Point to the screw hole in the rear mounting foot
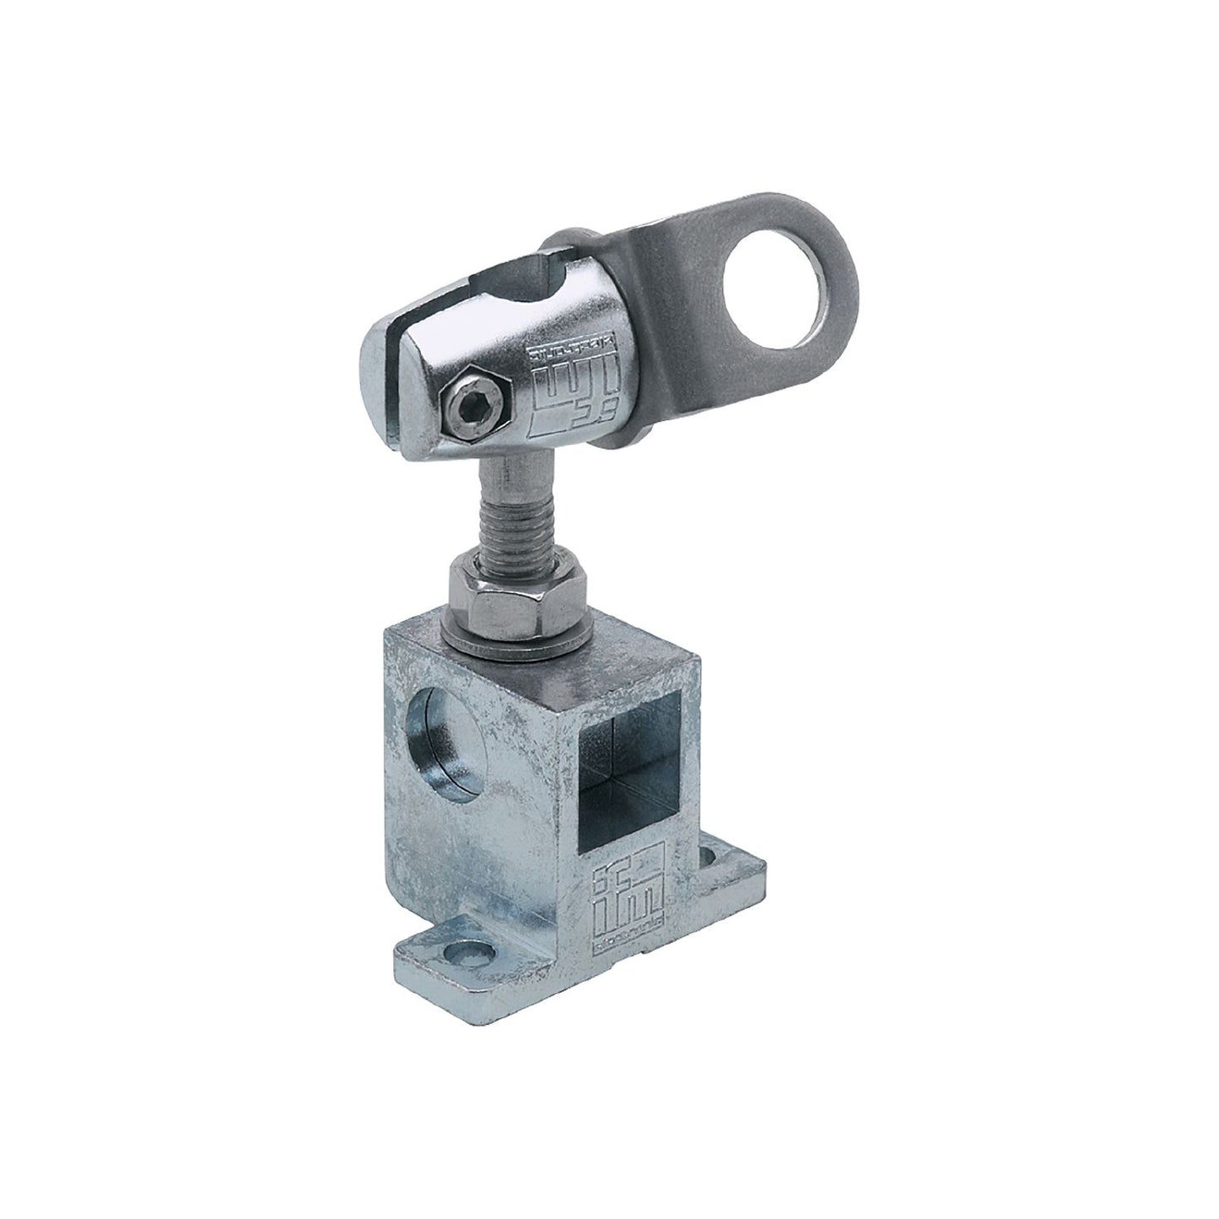tap(718, 857)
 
